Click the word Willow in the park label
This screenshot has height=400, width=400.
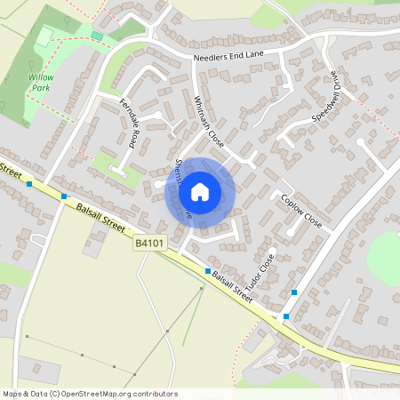41,77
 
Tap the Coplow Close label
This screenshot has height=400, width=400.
300,208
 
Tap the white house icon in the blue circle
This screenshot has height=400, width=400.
199,191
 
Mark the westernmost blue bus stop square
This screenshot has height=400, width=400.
30,184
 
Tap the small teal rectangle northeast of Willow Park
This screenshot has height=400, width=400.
97,36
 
